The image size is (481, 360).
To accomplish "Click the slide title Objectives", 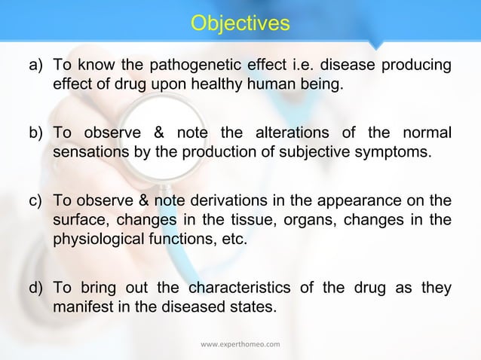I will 240,23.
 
